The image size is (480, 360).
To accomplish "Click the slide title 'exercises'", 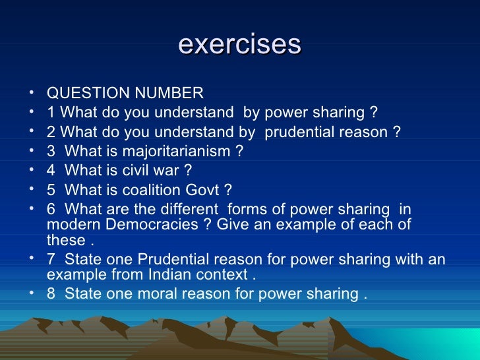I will click(x=240, y=45).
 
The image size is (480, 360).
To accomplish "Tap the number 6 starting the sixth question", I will click(x=51, y=210).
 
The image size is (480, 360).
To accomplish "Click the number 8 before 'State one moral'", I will click(x=51, y=293).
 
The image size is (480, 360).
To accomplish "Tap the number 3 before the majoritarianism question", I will click(x=51, y=152).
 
